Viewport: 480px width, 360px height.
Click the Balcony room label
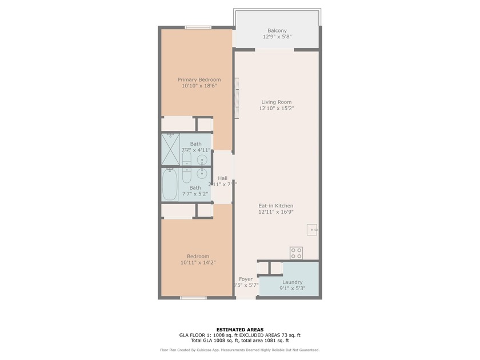277,31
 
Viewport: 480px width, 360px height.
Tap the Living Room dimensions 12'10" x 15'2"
277,108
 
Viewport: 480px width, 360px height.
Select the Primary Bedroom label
199,79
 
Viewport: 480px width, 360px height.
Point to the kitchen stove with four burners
296,252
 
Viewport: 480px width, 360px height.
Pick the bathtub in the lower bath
169,185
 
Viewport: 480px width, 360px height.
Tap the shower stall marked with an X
170,150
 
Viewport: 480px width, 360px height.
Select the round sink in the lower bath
201,173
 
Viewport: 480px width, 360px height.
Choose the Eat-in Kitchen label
276,206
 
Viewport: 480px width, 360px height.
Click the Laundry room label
292,282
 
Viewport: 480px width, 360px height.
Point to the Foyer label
246,279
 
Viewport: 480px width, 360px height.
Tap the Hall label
222,178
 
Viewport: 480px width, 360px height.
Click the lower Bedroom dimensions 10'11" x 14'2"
198,263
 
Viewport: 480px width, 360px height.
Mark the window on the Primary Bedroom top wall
198,27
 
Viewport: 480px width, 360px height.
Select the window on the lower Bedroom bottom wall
193,298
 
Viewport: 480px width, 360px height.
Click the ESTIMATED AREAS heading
239,330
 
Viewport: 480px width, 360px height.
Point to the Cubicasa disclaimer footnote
239,350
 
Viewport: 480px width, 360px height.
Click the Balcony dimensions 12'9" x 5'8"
277,37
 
